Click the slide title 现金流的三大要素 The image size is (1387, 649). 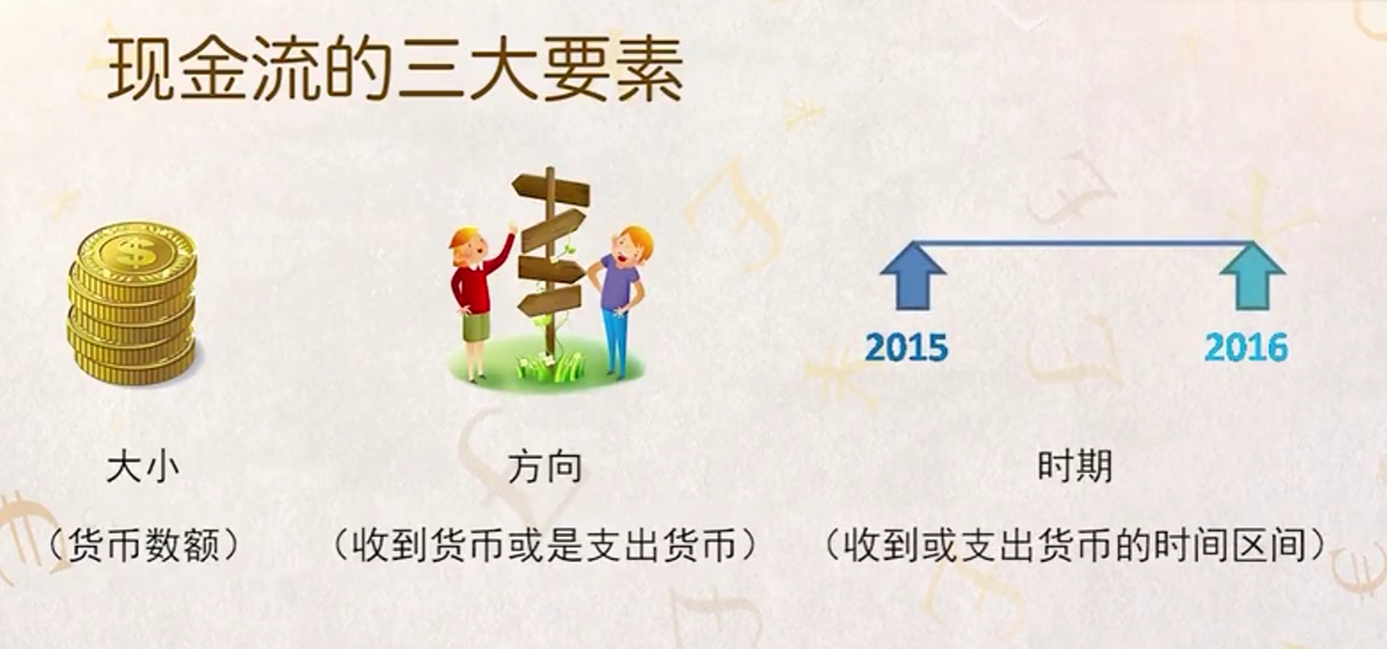click(x=395, y=70)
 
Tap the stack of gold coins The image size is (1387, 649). click(x=132, y=303)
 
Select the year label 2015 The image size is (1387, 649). click(x=906, y=347)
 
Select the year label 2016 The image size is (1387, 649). click(x=1246, y=347)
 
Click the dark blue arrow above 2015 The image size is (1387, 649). click(x=913, y=275)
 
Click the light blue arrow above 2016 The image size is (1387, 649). click(x=1252, y=275)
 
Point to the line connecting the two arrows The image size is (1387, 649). click(x=1082, y=242)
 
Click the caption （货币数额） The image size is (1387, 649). click(x=143, y=545)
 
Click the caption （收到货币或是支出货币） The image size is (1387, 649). click(x=546, y=545)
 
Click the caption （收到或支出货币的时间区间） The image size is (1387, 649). click(x=1075, y=545)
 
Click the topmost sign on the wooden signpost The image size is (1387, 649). click(x=549, y=190)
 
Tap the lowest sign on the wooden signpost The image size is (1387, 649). click(x=548, y=300)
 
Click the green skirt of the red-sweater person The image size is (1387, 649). click(x=476, y=326)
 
